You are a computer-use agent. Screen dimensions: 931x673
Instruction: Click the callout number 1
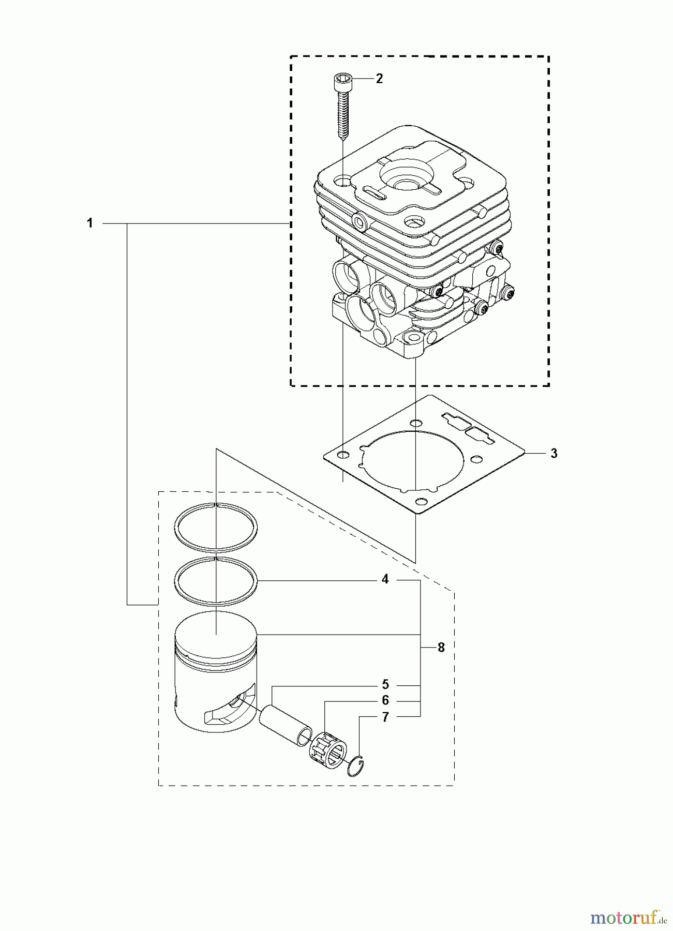[90, 223]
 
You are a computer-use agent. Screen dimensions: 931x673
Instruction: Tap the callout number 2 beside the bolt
[379, 79]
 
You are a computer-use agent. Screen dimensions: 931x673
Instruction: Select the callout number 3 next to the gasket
[554, 454]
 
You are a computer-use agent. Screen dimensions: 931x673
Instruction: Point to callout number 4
[385, 579]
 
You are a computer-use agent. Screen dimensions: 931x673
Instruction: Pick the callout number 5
[385, 685]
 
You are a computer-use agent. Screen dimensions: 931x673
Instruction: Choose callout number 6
[385, 701]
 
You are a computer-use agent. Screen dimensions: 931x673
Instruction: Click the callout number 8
[441, 648]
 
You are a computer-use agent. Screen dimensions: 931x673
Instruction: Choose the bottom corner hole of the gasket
[422, 501]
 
